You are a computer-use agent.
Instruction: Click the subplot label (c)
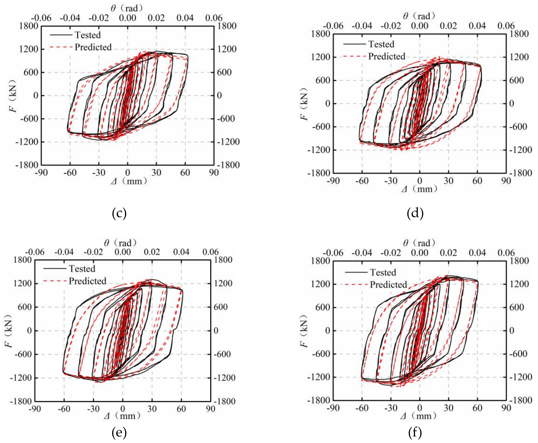pyautogui.click(x=119, y=213)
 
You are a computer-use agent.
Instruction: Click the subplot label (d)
pyautogui.click(x=415, y=213)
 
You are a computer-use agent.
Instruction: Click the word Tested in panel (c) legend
pyautogui.click(x=88, y=35)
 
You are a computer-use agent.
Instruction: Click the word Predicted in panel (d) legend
pyautogui.click(x=387, y=56)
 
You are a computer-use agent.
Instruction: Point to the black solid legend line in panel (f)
pyautogui.click(x=356, y=273)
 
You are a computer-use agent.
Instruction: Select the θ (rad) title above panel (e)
pyautogui.click(x=120, y=243)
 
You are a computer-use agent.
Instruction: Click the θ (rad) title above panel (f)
pyautogui.click(x=419, y=243)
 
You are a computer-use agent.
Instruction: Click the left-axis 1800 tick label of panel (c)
pyautogui.click(x=29, y=26)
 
